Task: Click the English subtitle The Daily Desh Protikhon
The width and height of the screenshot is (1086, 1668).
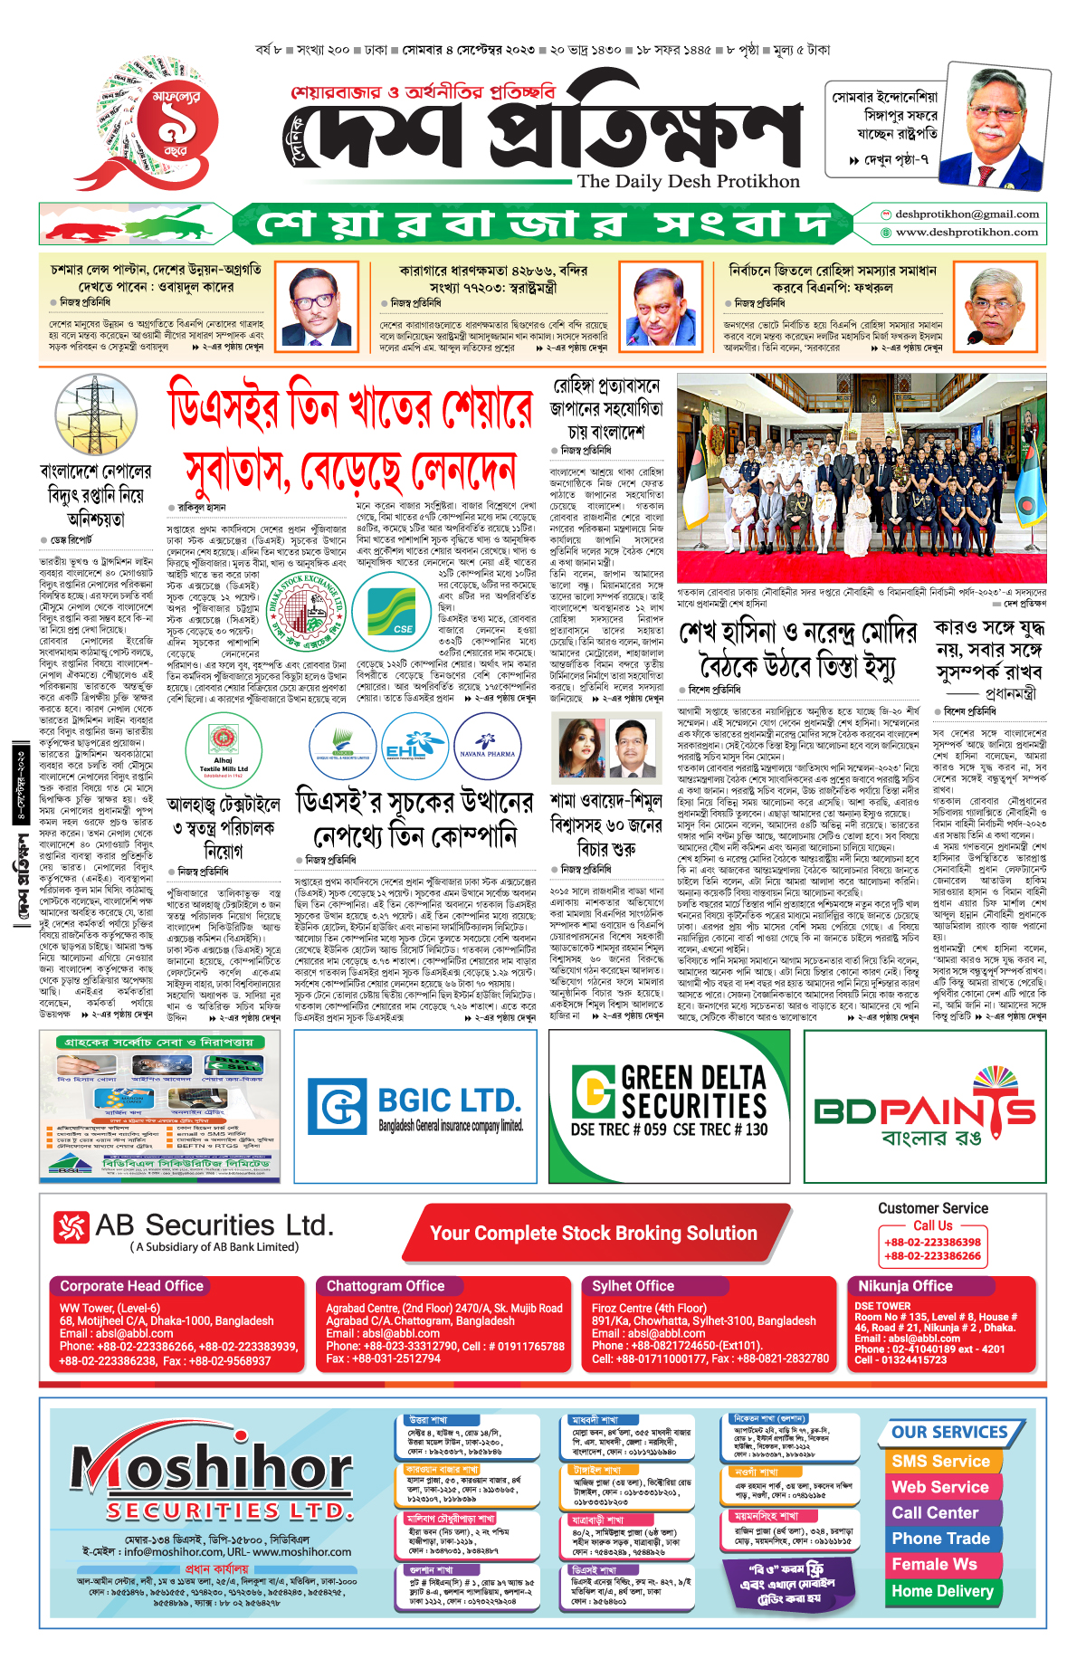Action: click(x=688, y=181)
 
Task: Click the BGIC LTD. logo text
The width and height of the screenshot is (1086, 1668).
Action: click(x=449, y=1101)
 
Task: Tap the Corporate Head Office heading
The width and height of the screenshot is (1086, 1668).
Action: click(x=132, y=1286)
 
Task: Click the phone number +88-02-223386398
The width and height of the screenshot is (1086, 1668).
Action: click(x=932, y=1243)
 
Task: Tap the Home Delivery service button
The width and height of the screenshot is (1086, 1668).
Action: click(x=942, y=1591)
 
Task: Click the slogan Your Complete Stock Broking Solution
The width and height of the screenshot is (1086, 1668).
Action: click(x=594, y=1234)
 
